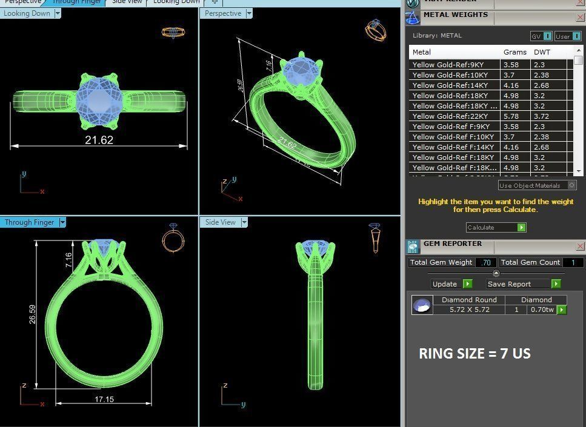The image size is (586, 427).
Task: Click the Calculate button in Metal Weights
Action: [x=496, y=228]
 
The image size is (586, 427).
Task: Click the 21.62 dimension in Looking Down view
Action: [x=99, y=140]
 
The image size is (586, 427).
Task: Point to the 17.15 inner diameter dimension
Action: [x=104, y=400]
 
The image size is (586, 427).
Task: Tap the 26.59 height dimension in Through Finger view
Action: [x=32, y=314]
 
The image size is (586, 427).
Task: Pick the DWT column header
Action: [x=542, y=52]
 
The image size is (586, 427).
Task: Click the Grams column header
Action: [x=514, y=52]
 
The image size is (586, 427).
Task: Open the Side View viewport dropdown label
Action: [x=224, y=222]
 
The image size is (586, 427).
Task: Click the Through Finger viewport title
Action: [x=30, y=222]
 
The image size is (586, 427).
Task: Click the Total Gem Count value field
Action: [x=573, y=262]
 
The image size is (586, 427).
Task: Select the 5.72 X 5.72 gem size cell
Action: [x=469, y=309]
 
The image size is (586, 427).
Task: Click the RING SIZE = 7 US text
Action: [x=474, y=354]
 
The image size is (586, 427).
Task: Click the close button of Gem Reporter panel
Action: [x=580, y=246]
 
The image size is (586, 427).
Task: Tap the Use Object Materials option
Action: [x=537, y=185]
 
